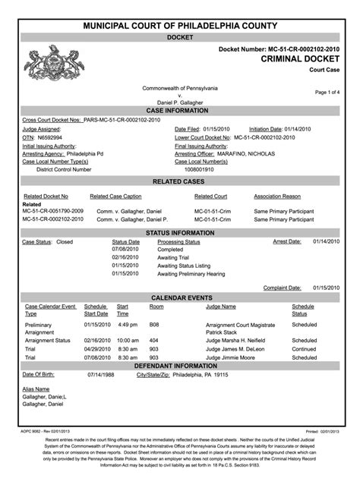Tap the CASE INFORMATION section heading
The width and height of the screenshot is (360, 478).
181,111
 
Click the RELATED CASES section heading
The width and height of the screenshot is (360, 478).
181,183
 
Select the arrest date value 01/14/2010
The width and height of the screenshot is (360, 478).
326,241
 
